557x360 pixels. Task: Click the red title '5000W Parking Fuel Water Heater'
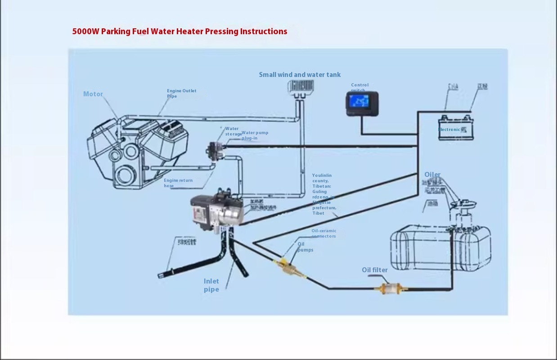point(180,31)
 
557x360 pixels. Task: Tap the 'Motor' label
point(93,94)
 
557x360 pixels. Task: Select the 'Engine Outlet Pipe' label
point(181,93)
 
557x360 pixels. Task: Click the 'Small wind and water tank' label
point(300,75)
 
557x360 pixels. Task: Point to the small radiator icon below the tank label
point(301,86)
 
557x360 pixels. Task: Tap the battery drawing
point(456,128)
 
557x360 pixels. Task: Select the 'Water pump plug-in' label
point(255,135)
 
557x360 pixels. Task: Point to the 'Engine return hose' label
point(178,183)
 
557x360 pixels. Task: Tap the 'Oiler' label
point(432,175)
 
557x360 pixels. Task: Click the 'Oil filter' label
point(375,270)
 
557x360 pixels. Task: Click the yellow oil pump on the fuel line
point(286,266)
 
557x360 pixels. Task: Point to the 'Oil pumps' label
point(305,247)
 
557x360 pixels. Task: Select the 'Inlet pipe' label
point(211,285)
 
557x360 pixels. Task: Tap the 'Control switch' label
point(359,87)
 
